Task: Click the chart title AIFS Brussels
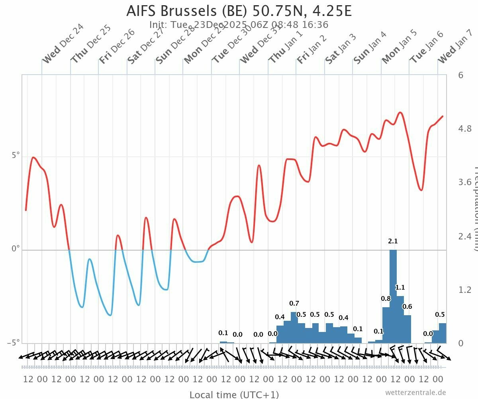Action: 239,11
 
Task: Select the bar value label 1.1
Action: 400,287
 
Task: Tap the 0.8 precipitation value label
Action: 386,298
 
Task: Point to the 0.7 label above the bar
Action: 294,303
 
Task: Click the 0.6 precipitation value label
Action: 407,306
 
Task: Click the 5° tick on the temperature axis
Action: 16,155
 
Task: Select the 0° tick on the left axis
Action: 16,249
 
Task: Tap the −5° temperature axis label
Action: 14,343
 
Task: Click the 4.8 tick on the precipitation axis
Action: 465,128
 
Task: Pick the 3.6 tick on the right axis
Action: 465,182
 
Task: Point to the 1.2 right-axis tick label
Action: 465,290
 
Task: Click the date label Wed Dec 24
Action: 63,44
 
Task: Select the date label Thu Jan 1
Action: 286,47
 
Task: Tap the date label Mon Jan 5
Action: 399,47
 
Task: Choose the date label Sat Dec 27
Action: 145,47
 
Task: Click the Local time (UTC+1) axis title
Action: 234,395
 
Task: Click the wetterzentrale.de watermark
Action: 415,393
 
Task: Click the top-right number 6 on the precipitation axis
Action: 460,75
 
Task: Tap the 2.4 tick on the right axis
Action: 465,236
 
